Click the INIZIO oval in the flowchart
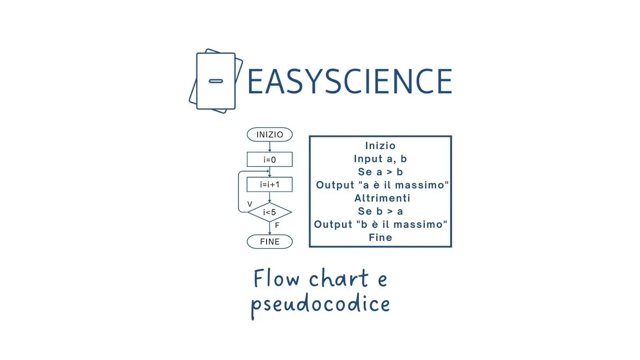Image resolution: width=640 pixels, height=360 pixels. coord(269,135)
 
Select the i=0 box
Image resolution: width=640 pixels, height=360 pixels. coord(269,160)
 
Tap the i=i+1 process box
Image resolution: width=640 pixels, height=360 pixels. coord(269,185)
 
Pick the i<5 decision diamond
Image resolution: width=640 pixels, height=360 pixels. coord(269,212)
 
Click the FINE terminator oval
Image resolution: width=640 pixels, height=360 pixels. coord(269,242)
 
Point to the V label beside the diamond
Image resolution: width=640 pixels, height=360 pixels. coord(250,204)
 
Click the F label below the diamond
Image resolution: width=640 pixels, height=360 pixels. coord(277,225)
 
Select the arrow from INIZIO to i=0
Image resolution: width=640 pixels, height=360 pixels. coord(269,146)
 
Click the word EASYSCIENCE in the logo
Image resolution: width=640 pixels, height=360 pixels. coord(349,81)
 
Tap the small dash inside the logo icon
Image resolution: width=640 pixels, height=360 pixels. coord(216,81)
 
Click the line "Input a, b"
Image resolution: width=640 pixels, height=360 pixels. coord(380,159)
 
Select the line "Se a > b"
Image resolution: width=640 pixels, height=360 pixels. coord(380,172)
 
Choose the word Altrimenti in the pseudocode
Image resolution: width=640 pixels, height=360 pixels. coord(382,198)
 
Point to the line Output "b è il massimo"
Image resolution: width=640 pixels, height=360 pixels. coord(381,225)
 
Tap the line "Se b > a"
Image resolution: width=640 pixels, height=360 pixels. coord(380,211)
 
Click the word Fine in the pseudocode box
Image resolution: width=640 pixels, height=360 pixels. coord(380,238)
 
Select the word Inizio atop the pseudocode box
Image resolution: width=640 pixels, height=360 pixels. coord(380,146)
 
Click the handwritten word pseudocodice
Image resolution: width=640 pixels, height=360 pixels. coord(320,305)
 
